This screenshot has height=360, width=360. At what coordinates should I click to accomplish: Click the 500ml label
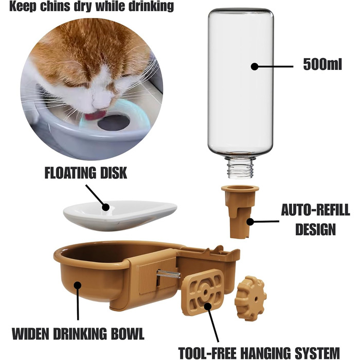coord(322,64)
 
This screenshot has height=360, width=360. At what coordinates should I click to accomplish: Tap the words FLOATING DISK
coord(86,173)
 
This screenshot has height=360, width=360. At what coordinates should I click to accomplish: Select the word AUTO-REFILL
coord(315,210)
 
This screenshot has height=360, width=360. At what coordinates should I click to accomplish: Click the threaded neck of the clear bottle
coord(240,167)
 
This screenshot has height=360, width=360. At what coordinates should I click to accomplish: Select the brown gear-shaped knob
coord(250,298)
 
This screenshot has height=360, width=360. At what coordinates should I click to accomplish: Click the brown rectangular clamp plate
coord(203,292)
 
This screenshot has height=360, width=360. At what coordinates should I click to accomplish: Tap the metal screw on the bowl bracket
coord(168,274)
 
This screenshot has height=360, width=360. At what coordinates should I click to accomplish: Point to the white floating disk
coord(120,215)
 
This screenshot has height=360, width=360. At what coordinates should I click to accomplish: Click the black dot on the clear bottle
coord(255,66)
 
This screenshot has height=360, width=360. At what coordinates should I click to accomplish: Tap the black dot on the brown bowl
coord(78,285)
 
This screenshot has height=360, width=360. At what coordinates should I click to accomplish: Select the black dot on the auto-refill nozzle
coord(250,222)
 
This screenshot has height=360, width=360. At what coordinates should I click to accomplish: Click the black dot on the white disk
coord(105,207)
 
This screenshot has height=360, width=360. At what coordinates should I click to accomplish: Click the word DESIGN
coord(315,229)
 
